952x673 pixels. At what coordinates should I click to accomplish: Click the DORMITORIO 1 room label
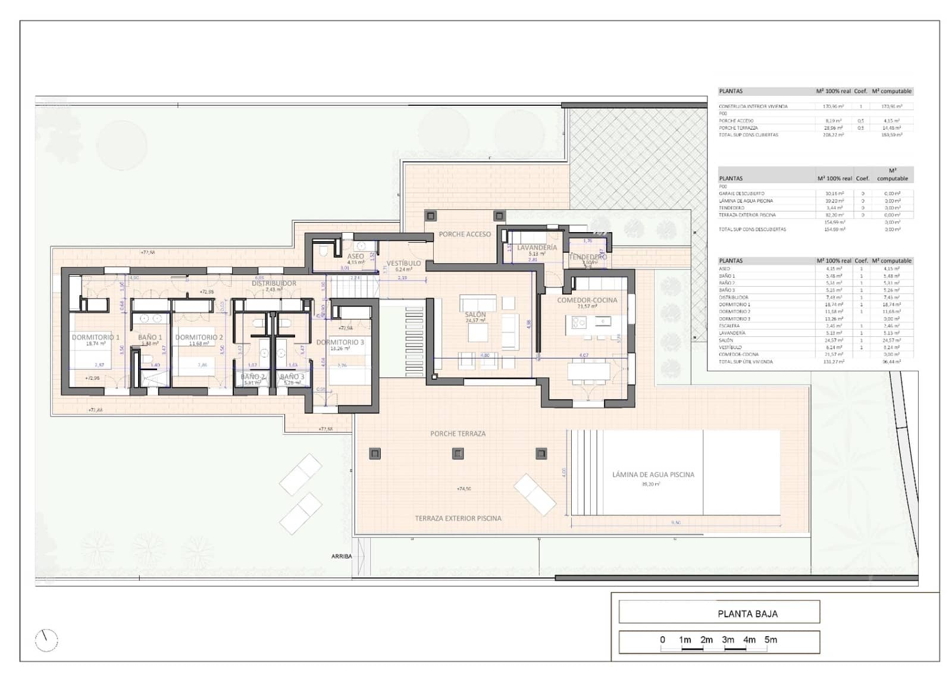(x=95, y=337)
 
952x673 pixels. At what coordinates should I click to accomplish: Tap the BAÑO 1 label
(x=150, y=337)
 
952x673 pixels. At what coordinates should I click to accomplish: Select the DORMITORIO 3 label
(x=340, y=342)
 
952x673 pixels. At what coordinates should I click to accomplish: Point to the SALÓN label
(x=475, y=314)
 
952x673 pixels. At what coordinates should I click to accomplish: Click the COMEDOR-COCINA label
(x=587, y=300)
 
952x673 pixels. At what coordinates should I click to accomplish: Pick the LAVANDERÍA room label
(x=537, y=248)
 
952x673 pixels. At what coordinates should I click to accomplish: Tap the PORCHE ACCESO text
(x=465, y=234)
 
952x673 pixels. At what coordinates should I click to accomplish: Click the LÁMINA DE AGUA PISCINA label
(x=653, y=475)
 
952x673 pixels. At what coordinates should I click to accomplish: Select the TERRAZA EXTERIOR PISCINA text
(x=458, y=518)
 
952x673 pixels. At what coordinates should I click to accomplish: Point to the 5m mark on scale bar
(x=771, y=640)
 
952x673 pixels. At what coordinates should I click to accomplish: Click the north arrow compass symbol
(x=46, y=640)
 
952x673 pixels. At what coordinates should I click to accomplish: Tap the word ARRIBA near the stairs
(x=342, y=556)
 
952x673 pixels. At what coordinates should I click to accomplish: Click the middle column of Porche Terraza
(x=458, y=453)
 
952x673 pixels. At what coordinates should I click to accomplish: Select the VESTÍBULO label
(x=403, y=263)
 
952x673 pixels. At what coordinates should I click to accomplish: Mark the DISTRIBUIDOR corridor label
(x=274, y=283)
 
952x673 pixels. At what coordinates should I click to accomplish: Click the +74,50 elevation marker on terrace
(x=464, y=489)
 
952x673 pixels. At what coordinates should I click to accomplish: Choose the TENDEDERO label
(x=587, y=257)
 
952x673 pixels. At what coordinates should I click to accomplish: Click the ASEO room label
(x=355, y=256)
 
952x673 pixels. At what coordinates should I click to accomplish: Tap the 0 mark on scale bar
(x=662, y=640)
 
